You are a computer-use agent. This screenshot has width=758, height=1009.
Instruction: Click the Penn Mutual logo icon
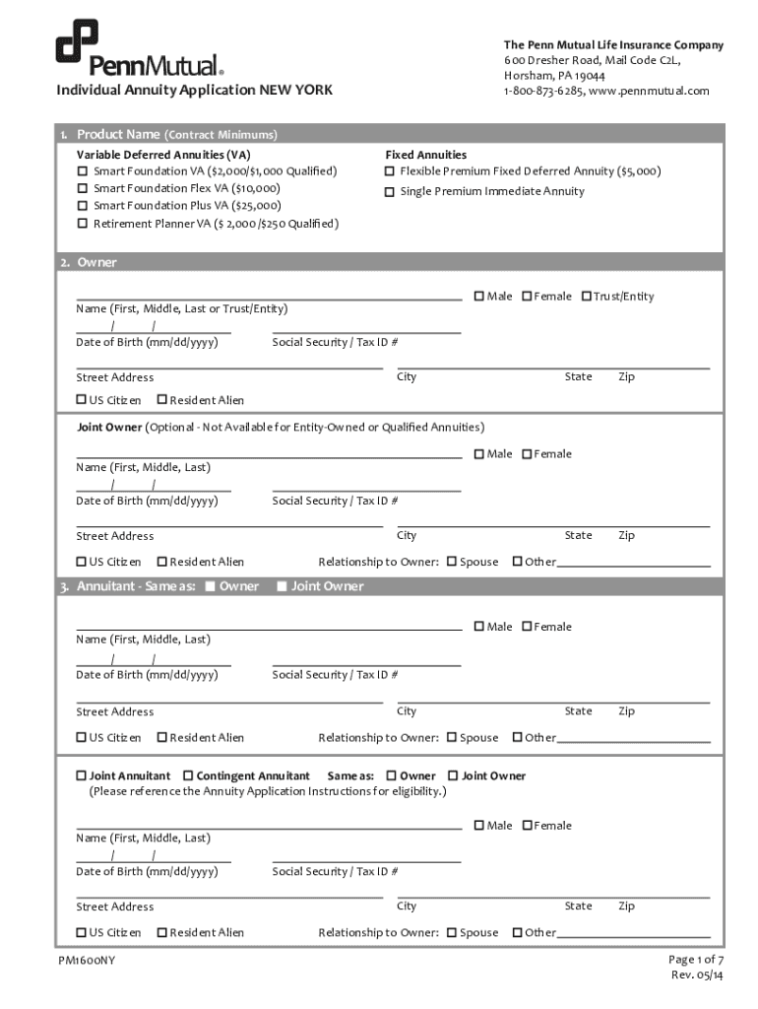[x=77, y=42]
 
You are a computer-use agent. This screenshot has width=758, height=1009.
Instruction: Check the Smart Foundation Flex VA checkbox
[x=83, y=188]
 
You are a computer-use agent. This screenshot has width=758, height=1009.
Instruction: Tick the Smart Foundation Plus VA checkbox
[x=83, y=206]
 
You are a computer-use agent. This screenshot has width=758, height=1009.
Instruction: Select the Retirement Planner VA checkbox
[x=83, y=224]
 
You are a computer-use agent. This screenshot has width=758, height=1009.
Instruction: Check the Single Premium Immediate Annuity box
[x=390, y=191]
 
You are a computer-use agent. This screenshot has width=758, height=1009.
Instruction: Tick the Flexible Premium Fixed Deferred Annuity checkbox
[x=390, y=171]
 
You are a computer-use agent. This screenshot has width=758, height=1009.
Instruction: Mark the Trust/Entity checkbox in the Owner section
[x=587, y=297]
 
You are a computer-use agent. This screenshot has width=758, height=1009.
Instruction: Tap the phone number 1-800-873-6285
[x=543, y=91]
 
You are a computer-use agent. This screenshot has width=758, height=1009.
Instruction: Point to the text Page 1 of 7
[x=696, y=960]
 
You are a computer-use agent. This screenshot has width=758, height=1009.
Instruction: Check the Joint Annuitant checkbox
[x=82, y=776]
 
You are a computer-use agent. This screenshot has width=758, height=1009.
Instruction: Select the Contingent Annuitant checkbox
[x=189, y=776]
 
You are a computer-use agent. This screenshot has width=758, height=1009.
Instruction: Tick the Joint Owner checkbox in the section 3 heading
[x=282, y=587]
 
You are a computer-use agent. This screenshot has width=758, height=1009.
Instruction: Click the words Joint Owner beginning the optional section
[x=110, y=428]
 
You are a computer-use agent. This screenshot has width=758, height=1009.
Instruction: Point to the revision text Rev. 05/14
[x=697, y=975]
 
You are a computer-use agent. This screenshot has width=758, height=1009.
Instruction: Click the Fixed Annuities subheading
[x=425, y=155]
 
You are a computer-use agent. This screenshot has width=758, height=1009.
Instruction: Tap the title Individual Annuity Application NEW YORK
[x=194, y=91]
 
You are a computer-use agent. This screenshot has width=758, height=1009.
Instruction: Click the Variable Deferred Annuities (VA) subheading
[x=163, y=155]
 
